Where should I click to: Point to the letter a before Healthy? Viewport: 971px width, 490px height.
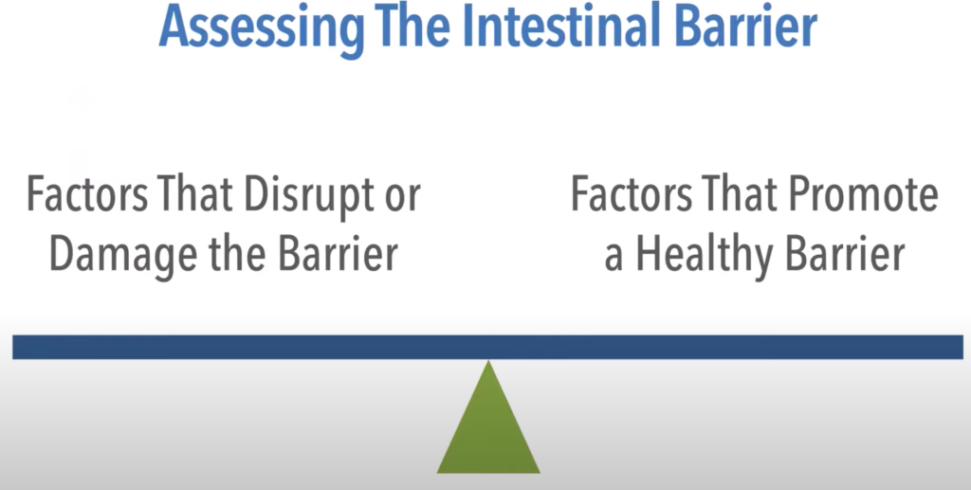click(614, 259)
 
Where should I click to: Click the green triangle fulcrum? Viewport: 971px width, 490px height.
click(488, 433)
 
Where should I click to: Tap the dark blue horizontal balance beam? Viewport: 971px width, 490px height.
click(488, 347)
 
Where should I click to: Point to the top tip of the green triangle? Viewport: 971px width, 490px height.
click(488, 361)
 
